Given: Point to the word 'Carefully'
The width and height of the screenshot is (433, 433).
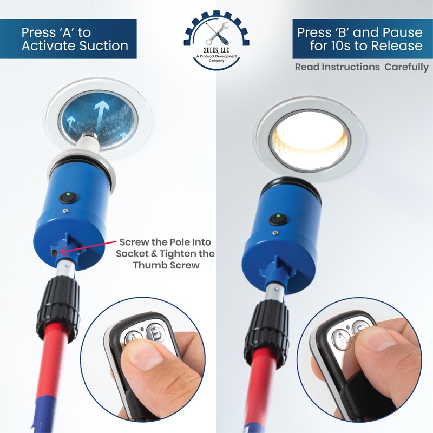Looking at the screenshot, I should coord(406,68).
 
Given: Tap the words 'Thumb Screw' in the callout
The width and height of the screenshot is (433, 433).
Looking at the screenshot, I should coord(167,266).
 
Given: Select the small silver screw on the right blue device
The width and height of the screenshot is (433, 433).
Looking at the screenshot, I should coord(276,233).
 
